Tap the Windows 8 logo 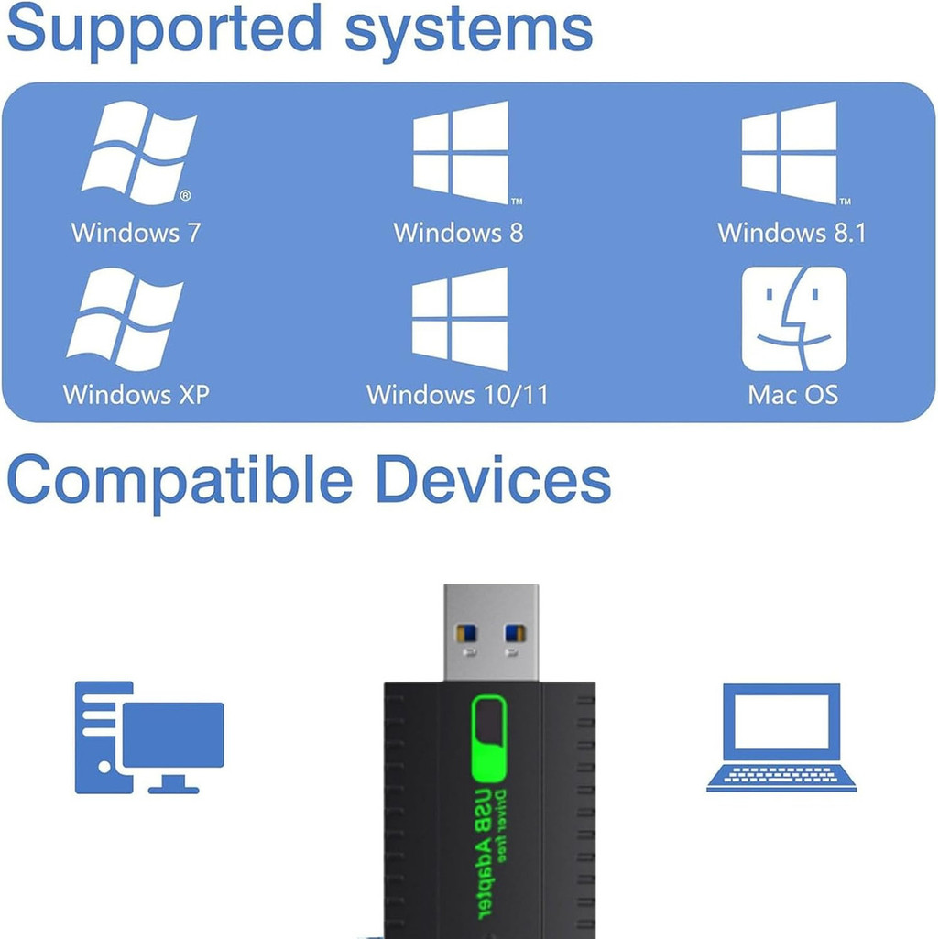point(460,151)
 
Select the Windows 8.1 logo point(789,151)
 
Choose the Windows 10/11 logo point(459,317)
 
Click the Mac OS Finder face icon point(793,319)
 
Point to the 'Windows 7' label point(136,232)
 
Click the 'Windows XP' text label point(136,395)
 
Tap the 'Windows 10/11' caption point(457,395)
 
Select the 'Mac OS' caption point(793,395)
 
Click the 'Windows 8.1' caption point(792,232)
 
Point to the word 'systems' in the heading point(468,29)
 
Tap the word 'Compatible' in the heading point(180,479)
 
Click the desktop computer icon point(148,737)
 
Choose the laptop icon point(781,737)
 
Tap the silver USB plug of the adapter point(490,632)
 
